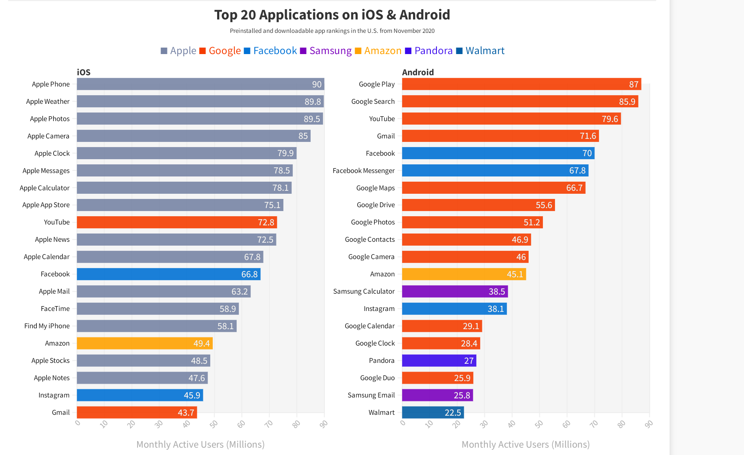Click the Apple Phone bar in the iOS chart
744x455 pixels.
[200, 84]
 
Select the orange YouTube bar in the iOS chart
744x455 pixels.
[176, 222]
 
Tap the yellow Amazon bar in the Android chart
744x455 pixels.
[464, 274]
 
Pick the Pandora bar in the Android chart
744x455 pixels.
[439, 361]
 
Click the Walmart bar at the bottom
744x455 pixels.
[433, 413]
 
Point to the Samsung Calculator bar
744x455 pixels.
[455, 292]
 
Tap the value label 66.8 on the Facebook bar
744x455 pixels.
[249, 274]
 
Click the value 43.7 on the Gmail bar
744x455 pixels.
[186, 413]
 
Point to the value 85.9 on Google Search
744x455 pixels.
[627, 102]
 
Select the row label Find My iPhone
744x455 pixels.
[47, 326]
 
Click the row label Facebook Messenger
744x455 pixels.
[363, 171]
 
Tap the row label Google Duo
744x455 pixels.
[377, 378]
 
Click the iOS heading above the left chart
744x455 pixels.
[83, 72]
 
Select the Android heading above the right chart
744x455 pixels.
[417, 72]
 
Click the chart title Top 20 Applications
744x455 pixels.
[332, 15]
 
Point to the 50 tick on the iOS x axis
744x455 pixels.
[214, 424]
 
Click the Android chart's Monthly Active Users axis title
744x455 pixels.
[525, 445]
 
